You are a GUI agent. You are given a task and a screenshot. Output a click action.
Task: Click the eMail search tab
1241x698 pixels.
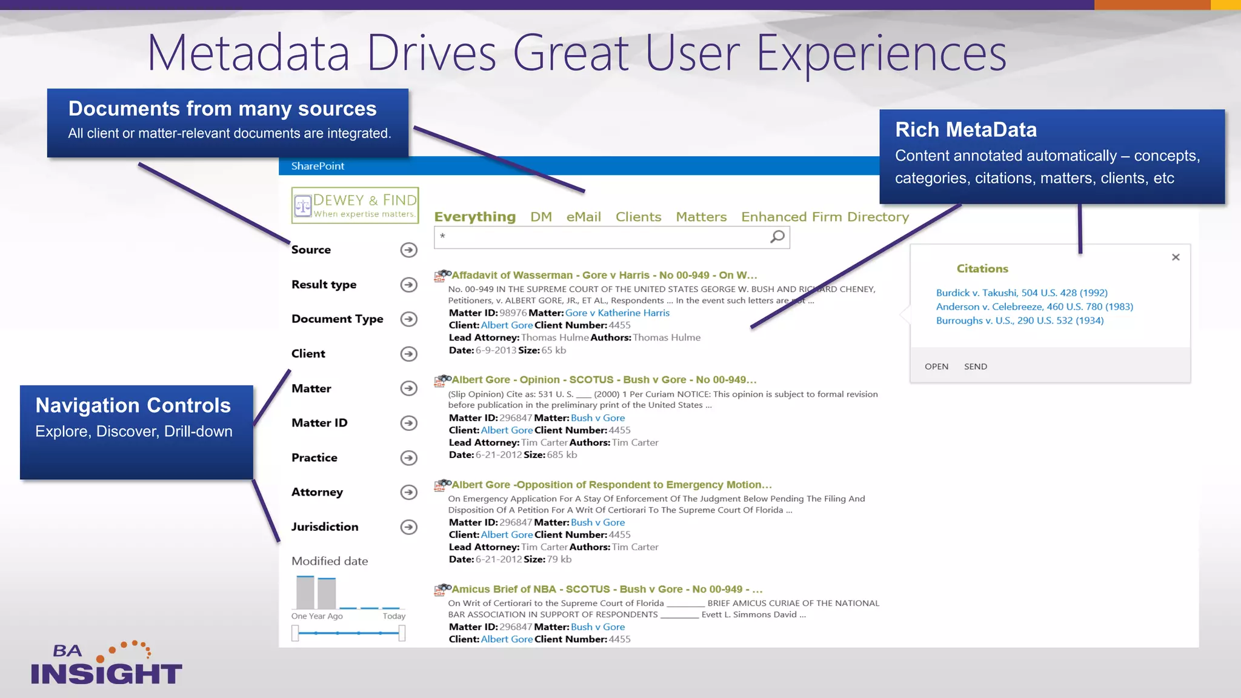[x=583, y=217]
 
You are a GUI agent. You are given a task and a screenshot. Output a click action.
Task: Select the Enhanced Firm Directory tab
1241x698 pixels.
[x=825, y=217]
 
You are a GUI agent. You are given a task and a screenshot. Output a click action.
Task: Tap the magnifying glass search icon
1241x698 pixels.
[x=777, y=237]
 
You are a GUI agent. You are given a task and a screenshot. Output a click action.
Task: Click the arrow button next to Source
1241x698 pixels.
[x=409, y=250]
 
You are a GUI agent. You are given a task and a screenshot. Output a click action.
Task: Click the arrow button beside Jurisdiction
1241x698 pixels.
[x=409, y=527]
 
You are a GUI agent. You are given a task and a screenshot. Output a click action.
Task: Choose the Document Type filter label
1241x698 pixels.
[x=337, y=319]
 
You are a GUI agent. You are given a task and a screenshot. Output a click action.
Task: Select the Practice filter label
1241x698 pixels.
[x=314, y=458]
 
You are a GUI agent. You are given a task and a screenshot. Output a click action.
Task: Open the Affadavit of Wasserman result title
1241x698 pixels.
[x=604, y=275]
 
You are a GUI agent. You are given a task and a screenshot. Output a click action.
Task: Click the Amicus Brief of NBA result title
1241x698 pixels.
[x=607, y=589]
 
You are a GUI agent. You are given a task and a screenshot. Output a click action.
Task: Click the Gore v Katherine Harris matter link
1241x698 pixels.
[x=617, y=313]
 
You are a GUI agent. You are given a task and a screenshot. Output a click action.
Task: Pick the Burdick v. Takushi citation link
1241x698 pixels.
[x=1021, y=293]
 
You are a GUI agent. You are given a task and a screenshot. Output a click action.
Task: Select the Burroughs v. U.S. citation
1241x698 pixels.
[x=1019, y=321]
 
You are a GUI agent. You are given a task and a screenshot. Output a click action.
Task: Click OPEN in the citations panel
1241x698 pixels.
[x=936, y=367]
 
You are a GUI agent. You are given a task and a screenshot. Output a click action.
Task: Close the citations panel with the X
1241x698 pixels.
[x=1176, y=258]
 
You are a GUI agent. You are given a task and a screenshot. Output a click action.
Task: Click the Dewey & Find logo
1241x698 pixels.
[x=355, y=205]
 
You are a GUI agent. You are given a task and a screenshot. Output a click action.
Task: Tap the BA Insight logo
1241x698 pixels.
[x=105, y=664]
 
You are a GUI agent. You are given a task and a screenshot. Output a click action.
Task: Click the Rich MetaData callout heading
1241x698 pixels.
[x=965, y=130]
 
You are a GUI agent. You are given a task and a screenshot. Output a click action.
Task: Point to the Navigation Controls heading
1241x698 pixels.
[x=133, y=405]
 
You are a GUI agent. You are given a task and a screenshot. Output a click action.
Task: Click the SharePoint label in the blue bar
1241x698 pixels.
[x=318, y=166]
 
